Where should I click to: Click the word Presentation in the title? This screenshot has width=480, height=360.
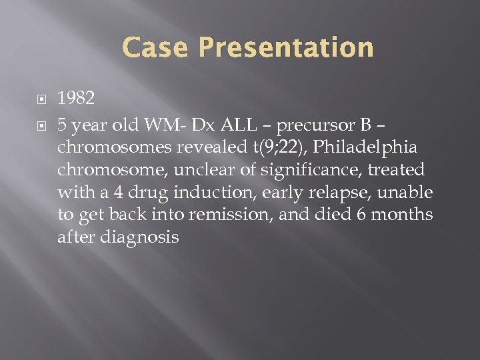click(286, 48)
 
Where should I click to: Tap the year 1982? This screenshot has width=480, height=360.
click(76, 99)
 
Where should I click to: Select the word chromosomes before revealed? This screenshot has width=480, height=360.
click(112, 147)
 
